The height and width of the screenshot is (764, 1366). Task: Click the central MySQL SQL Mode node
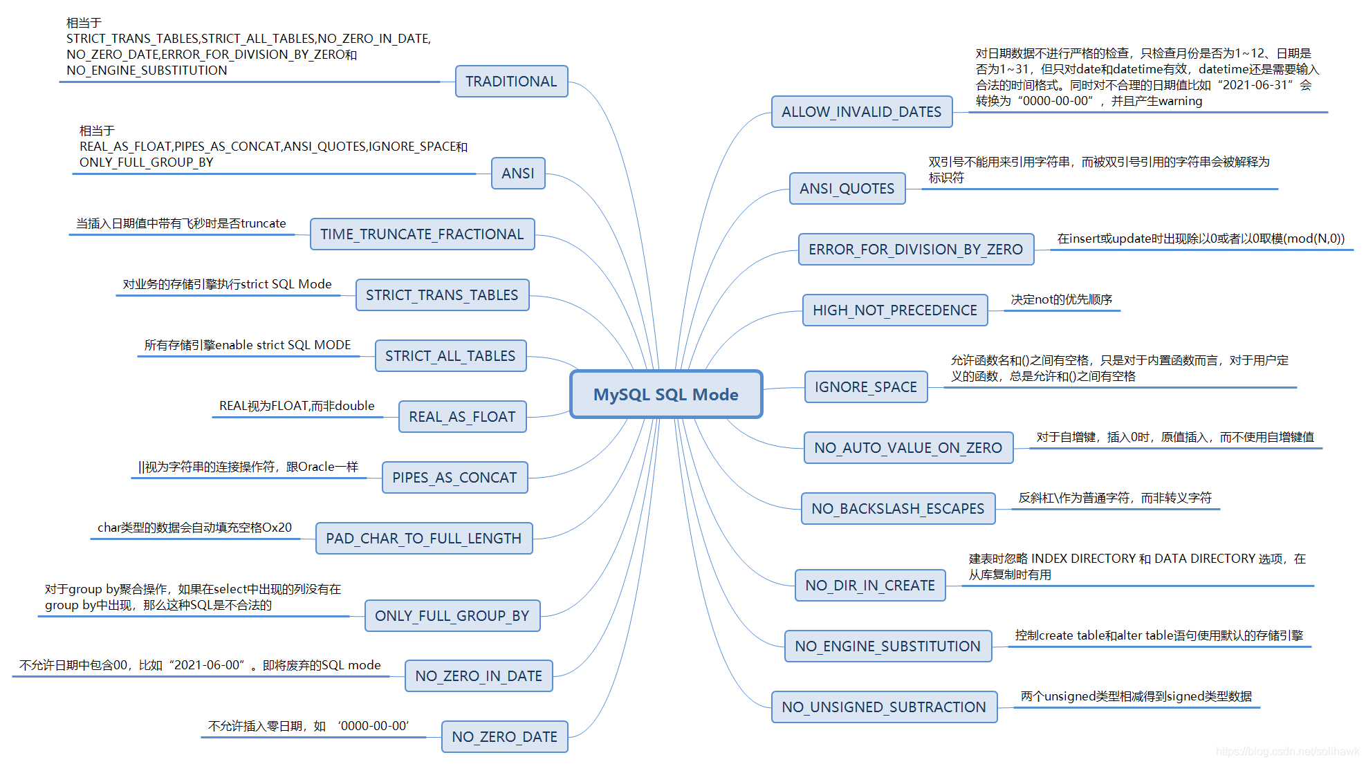tap(666, 394)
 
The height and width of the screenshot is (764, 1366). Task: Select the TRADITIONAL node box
tap(511, 82)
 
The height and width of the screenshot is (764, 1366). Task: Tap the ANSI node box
tap(518, 173)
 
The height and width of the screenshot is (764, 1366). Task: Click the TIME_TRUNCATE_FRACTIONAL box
tap(422, 234)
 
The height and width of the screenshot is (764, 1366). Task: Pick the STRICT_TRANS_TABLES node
tap(442, 295)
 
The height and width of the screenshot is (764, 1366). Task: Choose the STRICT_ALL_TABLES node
tap(450, 356)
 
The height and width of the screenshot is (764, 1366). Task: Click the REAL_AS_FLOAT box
tap(462, 417)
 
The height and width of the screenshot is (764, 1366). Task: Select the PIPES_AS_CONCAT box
tap(454, 478)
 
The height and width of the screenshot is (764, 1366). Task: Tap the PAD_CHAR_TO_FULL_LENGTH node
tap(424, 539)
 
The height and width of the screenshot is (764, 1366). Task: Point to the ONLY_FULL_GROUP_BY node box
tap(452, 616)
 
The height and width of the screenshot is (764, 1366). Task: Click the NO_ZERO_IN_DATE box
tap(479, 676)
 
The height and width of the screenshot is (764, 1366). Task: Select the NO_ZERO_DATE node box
tap(504, 737)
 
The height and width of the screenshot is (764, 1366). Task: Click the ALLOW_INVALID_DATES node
tap(862, 112)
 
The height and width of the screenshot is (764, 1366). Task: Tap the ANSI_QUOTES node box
tap(847, 189)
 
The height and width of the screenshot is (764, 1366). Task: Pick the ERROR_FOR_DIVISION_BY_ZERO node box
tap(916, 250)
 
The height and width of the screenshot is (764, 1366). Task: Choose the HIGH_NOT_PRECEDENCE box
tap(895, 310)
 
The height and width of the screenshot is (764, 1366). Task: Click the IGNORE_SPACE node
tap(866, 387)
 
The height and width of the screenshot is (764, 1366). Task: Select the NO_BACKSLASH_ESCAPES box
tap(898, 509)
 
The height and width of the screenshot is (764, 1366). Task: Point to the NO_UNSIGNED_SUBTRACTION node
tap(884, 707)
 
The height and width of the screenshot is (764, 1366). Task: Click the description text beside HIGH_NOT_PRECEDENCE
tap(1062, 300)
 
